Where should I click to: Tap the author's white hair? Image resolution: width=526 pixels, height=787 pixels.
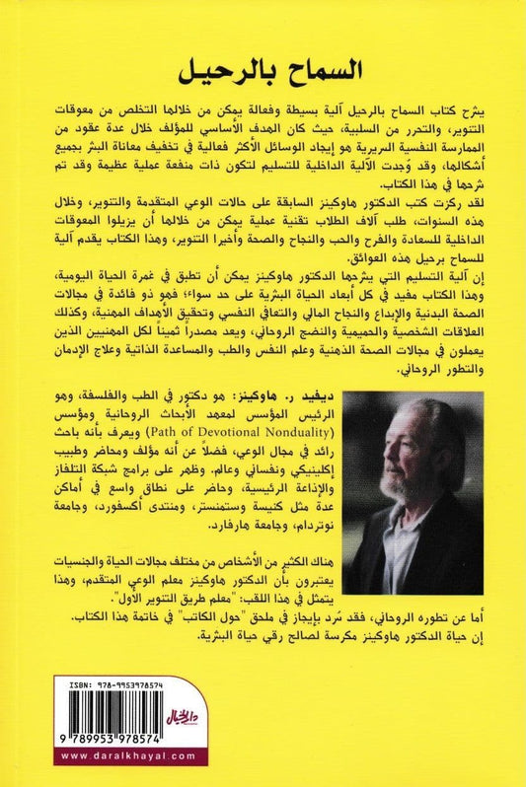pos(434,414)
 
